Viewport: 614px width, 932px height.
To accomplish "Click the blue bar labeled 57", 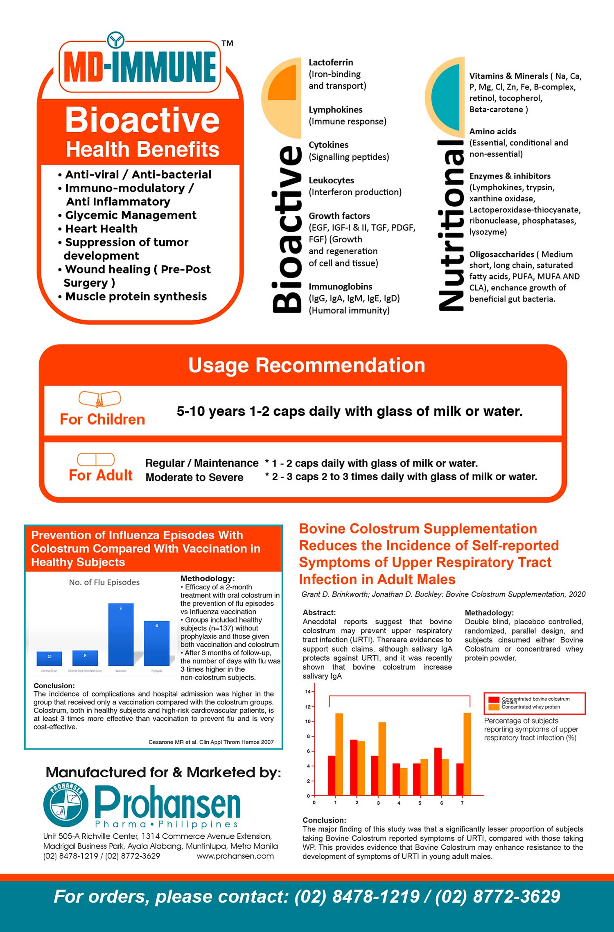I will (121, 634).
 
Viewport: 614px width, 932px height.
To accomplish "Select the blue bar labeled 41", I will (156, 643).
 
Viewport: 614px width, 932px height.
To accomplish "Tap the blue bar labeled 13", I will (49, 658).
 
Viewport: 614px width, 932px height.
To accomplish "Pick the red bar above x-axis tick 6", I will (438, 771).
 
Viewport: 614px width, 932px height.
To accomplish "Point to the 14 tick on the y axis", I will (308, 692).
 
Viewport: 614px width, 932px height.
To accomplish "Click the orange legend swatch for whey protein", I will (494, 707).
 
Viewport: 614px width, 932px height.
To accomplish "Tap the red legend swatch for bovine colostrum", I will (494, 700).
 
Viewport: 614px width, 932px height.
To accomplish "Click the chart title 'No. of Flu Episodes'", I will (104, 582).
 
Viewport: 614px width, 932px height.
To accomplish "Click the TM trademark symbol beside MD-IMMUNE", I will (227, 43).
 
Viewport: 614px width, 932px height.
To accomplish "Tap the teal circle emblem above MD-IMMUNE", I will (116, 40).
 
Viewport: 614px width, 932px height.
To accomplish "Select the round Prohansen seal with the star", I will (66, 804).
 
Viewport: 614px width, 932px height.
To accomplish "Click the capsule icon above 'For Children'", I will (100, 399).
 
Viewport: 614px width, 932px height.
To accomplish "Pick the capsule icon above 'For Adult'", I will (96, 459).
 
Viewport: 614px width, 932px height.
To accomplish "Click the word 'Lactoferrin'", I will (331, 62).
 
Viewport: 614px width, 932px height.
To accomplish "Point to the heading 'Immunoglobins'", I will (340, 287).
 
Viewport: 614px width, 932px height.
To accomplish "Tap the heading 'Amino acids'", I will (492, 131).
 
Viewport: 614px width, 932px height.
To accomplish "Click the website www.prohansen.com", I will (235, 856).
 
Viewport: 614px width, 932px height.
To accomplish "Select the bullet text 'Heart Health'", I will (101, 228).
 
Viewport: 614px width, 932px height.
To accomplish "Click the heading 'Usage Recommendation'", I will (307, 365).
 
